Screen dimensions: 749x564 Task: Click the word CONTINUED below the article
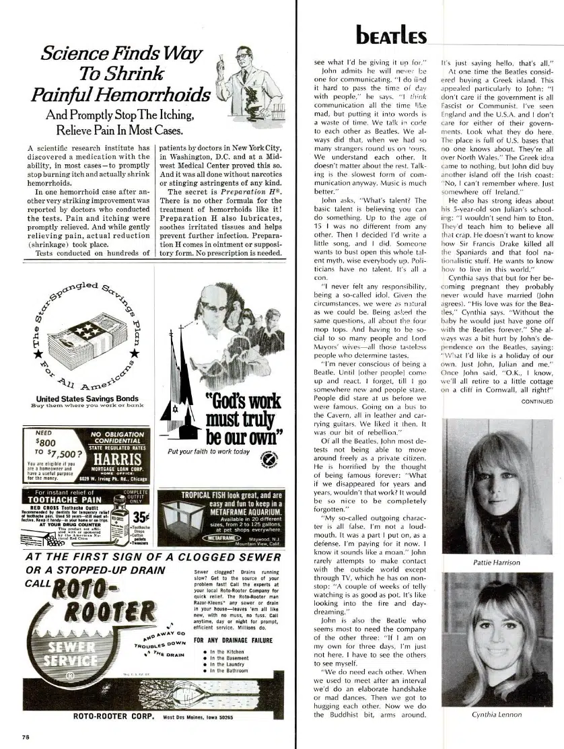(x=536, y=402)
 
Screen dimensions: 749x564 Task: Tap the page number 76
(x=25, y=736)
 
